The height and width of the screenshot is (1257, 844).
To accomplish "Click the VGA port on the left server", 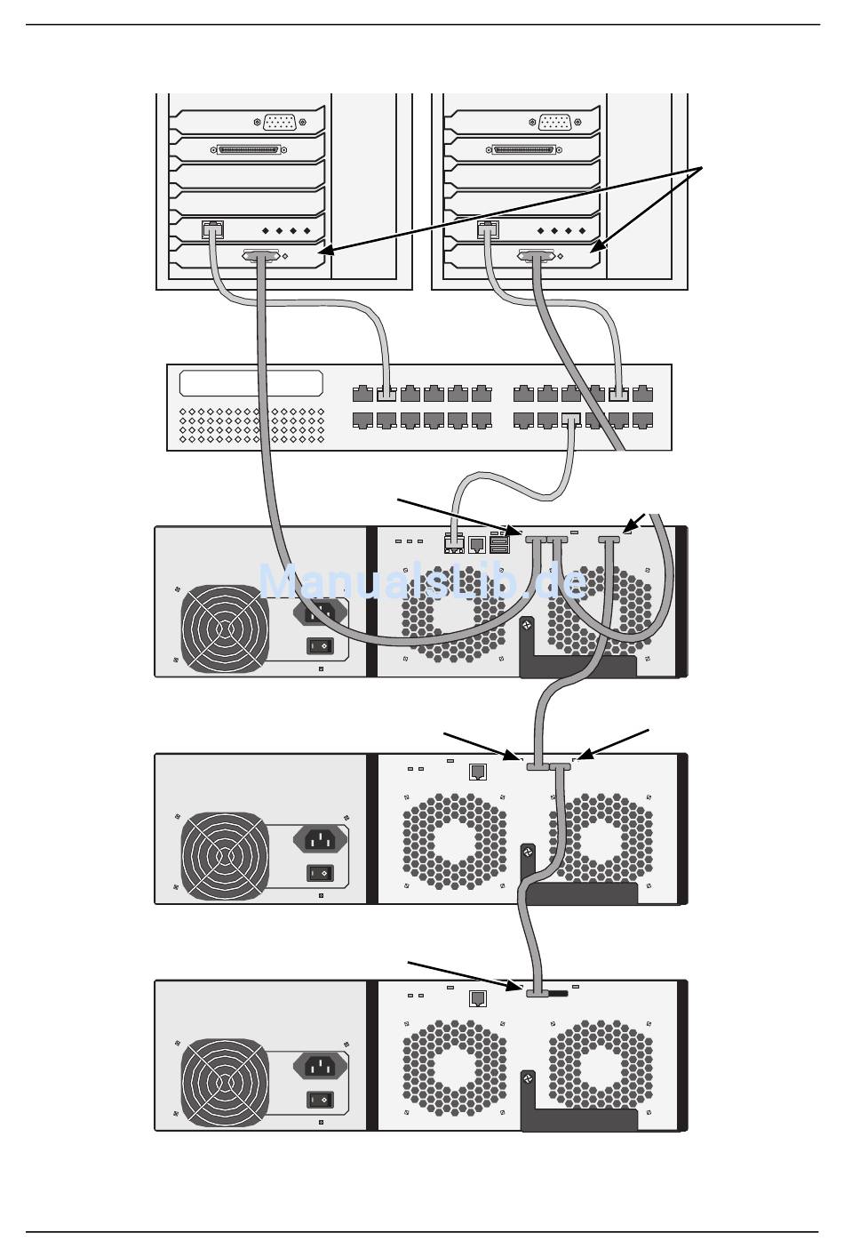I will tap(279, 122).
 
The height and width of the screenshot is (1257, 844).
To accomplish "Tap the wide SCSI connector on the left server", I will tap(248, 149).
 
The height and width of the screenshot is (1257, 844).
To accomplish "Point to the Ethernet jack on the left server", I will tap(211, 229).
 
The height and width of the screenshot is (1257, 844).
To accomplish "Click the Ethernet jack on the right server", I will tap(487, 229).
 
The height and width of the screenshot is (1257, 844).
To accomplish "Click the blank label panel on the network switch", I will tap(251, 383).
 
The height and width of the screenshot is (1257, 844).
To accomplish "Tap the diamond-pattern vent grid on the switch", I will tap(252, 426).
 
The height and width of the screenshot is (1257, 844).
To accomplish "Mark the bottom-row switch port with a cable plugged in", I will tap(571, 419).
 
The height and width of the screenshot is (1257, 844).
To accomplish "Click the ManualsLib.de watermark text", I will tap(423, 581).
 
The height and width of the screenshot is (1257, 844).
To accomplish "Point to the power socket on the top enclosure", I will tap(321, 612).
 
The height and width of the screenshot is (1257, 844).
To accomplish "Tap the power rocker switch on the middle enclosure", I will tap(321, 873).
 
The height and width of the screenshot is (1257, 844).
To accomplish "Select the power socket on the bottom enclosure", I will tap(321, 1066).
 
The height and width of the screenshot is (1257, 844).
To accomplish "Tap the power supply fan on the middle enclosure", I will tap(224, 854).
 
